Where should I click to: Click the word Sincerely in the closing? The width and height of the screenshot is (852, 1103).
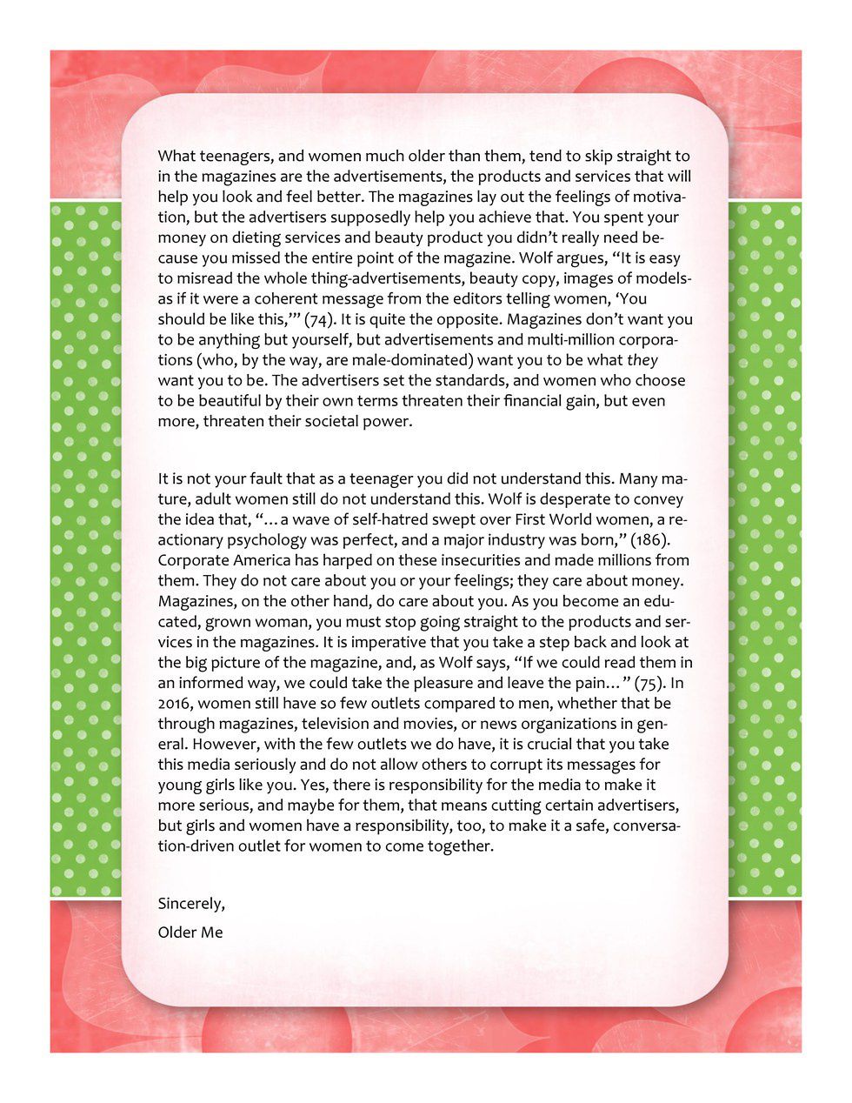pyautogui.click(x=191, y=904)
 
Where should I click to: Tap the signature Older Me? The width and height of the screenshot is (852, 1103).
pyautogui.click(x=190, y=933)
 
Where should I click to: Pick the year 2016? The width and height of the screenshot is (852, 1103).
pyautogui.click(x=178, y=704)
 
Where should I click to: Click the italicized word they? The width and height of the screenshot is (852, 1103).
pyautogui.click(x=642, y=360)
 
